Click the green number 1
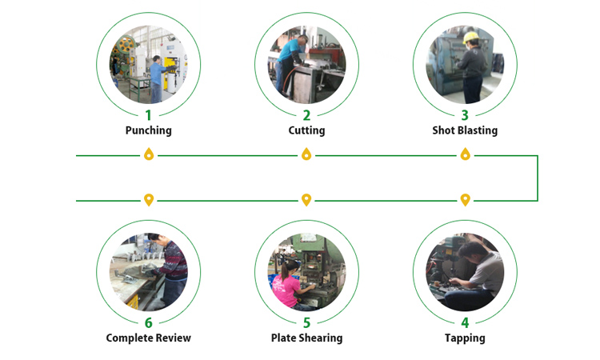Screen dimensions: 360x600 tap(148, 115)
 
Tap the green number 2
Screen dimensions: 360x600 tap(306, 115)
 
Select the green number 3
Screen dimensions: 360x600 tap(465, 115)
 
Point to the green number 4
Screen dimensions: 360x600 tap(465, 323)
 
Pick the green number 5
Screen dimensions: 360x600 tap(306, 323)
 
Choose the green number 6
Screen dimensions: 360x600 tap(148, 323)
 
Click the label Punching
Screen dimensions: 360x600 tap(148, 130)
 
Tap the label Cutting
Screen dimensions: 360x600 tap(306, 130)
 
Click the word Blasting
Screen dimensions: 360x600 tap(477, 130)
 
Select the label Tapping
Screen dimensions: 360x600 tap(465, 338)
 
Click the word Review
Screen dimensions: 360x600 tap(173, 338)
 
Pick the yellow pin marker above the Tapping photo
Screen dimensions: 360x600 tap(465, 198)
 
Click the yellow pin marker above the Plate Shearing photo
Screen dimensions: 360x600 tap(306, 198)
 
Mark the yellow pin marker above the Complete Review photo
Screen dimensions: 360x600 tap(148, 198)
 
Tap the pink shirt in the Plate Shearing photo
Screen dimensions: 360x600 tap(286, 289)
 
